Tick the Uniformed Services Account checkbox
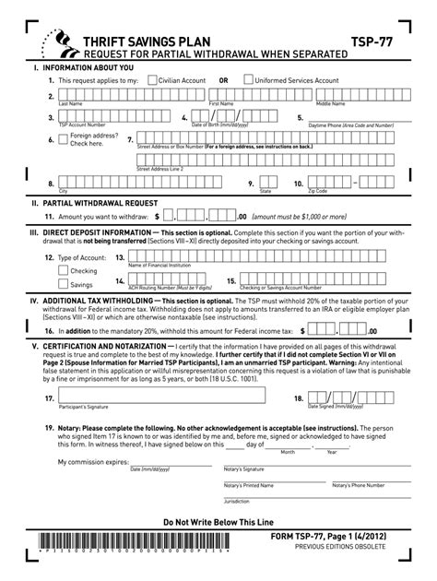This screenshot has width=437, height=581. [248, 80]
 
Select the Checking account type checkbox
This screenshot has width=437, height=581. [63, 271]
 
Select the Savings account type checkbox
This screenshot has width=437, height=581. [63, 285]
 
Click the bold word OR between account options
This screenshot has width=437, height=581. [223, 80]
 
